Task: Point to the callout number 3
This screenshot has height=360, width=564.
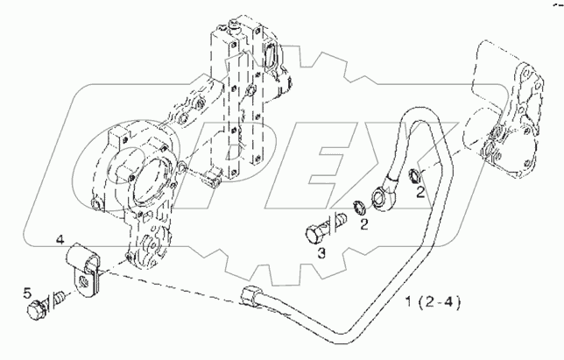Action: pos(321,253)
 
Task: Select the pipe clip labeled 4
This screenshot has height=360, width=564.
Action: pos(86,266)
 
